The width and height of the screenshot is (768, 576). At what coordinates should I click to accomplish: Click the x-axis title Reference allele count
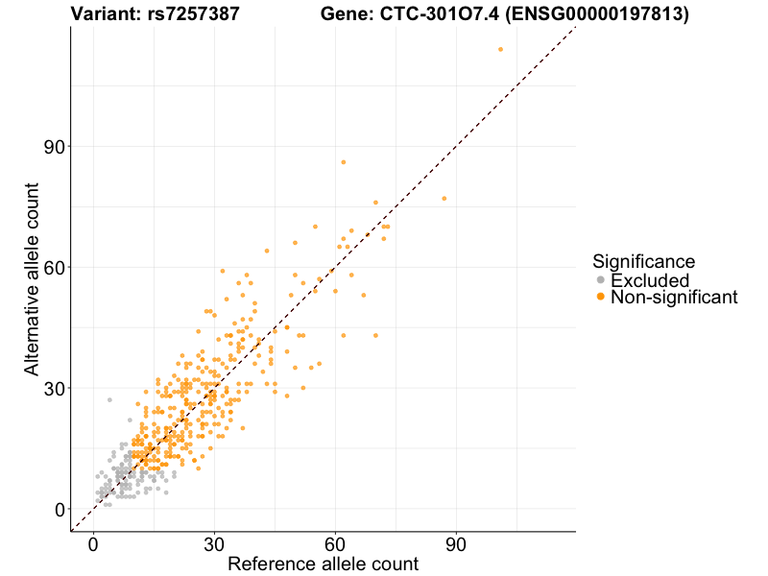coord(323,564)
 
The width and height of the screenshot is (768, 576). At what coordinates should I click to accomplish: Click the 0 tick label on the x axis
coord(93,543)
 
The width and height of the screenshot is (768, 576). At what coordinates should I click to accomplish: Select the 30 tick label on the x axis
coord(214,543)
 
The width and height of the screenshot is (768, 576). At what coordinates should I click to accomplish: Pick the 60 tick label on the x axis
coord(335,543)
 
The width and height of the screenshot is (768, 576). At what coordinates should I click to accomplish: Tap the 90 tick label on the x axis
coord(456,543)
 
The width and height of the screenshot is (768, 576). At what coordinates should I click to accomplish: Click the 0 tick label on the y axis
coord(59,509)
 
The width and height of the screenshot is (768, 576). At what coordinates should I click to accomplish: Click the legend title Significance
coord(643,261)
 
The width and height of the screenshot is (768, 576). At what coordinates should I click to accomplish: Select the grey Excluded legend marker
coord(601,280)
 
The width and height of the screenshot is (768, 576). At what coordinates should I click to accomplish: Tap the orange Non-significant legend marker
coord(601,298)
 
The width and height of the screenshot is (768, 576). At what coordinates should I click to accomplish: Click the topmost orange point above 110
coord(500,49)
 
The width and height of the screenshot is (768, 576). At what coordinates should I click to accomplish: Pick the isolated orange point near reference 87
coord(444,199)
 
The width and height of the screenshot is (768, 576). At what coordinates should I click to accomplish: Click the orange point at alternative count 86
coord(343,162)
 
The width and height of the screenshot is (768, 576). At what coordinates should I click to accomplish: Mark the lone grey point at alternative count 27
coord(109,399)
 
